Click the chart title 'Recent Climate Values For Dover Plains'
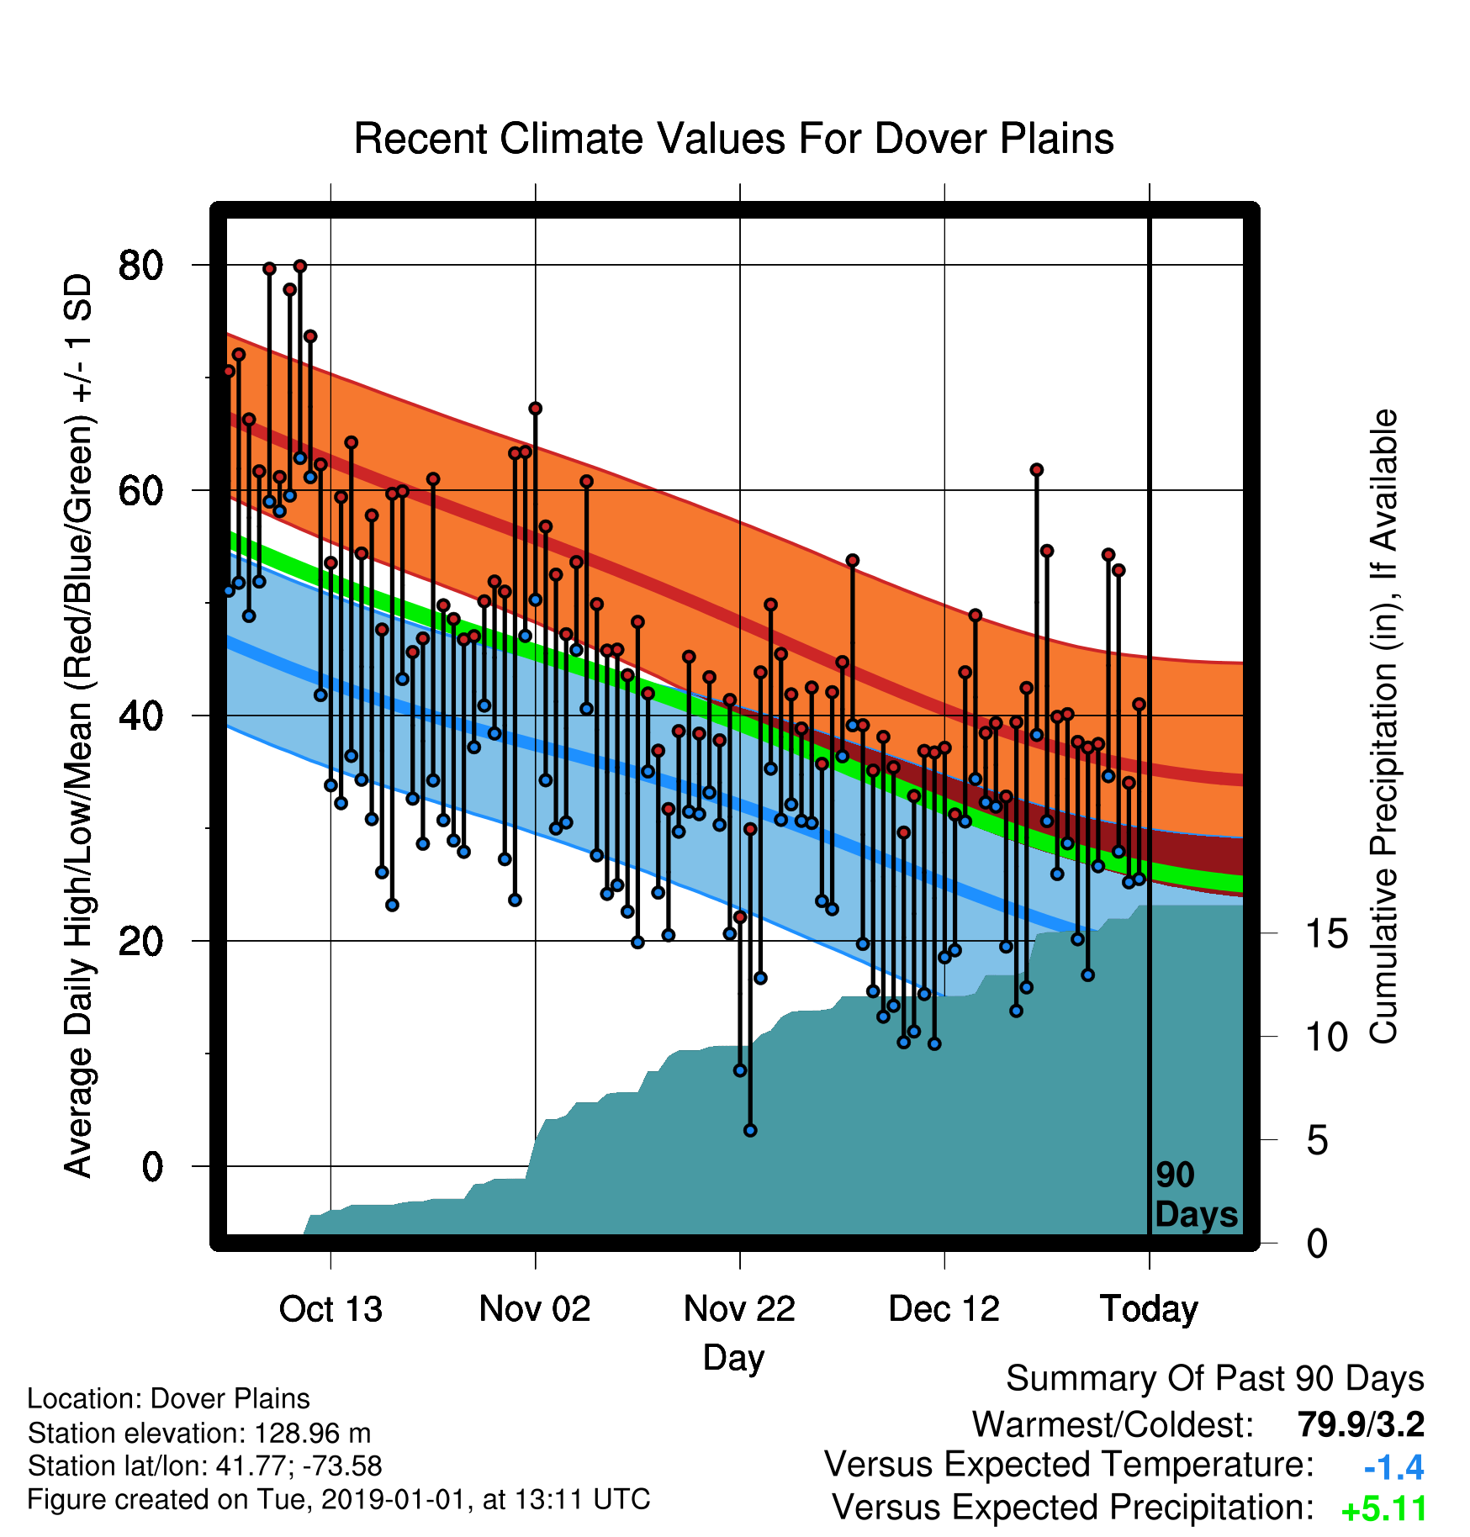(733, 139)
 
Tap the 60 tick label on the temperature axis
(141, 490)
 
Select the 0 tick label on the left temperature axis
(152, 1166)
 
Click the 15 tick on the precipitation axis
(1326, 933)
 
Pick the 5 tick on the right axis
(1318, 1140)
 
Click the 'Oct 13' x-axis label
(330, 1309)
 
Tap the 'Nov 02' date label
(535, 1309)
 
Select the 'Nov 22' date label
(739, 1309)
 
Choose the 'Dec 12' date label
(944, 1309)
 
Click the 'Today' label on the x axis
(1149, 1309)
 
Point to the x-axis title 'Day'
(733, 1358)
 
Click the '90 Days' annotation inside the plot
(1196, 1195)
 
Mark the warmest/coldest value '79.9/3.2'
(1361, 1424)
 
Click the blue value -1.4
(1393, 1467)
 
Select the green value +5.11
(1384, 1509)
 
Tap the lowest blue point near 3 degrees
(750, 1130)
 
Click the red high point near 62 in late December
(1036, 469)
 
